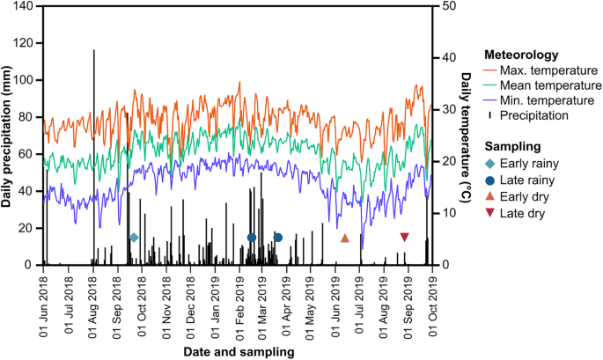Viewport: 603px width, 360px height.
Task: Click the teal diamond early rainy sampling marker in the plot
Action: point(134,238)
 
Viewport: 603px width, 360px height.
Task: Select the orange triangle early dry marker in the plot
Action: point(345,238)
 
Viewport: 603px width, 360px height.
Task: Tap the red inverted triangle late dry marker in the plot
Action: point(404,237)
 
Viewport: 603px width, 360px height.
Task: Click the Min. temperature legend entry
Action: point(548,100)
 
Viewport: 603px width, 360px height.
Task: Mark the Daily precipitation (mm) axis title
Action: point(7,136)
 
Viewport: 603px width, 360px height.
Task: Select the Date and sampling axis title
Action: point(239,351)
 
